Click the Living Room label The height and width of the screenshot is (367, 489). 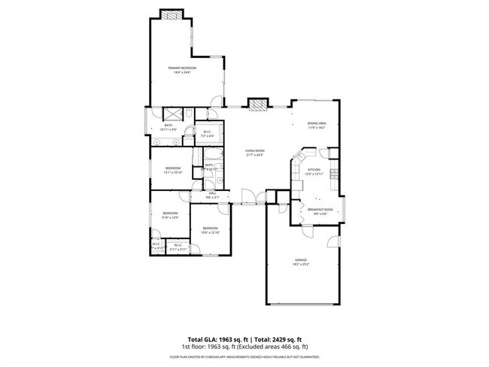256,151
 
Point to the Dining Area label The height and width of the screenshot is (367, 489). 317,123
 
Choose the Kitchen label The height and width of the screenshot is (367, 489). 314,170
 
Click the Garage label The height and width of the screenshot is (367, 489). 301,260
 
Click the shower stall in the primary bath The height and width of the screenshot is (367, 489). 171,114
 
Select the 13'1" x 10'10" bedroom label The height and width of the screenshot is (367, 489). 173,168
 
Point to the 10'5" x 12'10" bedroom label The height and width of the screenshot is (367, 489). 208,228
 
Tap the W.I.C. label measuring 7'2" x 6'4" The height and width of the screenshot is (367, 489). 208,134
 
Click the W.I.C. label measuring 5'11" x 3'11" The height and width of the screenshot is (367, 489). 178,245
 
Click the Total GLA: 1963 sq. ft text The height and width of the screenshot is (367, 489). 218,339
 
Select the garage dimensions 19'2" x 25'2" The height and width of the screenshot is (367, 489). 301,265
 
